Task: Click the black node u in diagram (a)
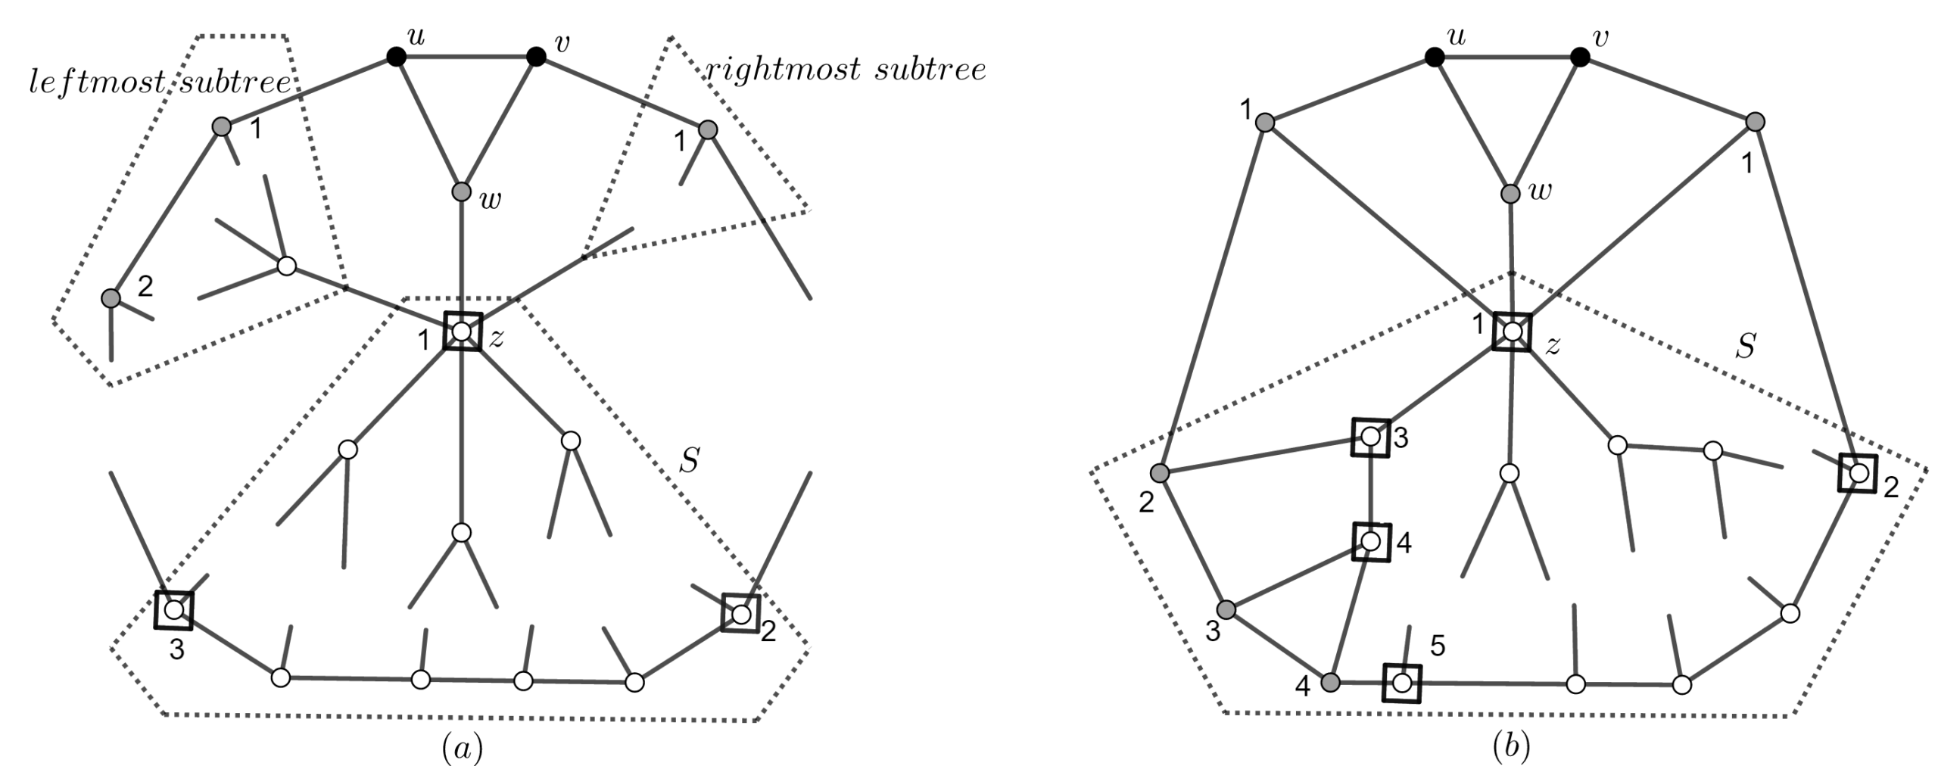396,57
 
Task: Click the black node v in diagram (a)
536,57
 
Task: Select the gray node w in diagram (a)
462,192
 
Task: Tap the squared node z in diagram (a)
462,332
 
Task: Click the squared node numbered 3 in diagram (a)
174,609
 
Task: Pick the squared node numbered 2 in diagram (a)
741,613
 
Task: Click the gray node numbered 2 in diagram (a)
111,297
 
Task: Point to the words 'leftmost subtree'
160,83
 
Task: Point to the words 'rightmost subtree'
846,70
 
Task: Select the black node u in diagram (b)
1434,57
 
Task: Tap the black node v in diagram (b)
1579,57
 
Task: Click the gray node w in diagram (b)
1510,194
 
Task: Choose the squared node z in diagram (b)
1512,332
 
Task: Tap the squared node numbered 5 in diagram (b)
1402,683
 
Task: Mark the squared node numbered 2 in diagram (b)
1859,474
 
